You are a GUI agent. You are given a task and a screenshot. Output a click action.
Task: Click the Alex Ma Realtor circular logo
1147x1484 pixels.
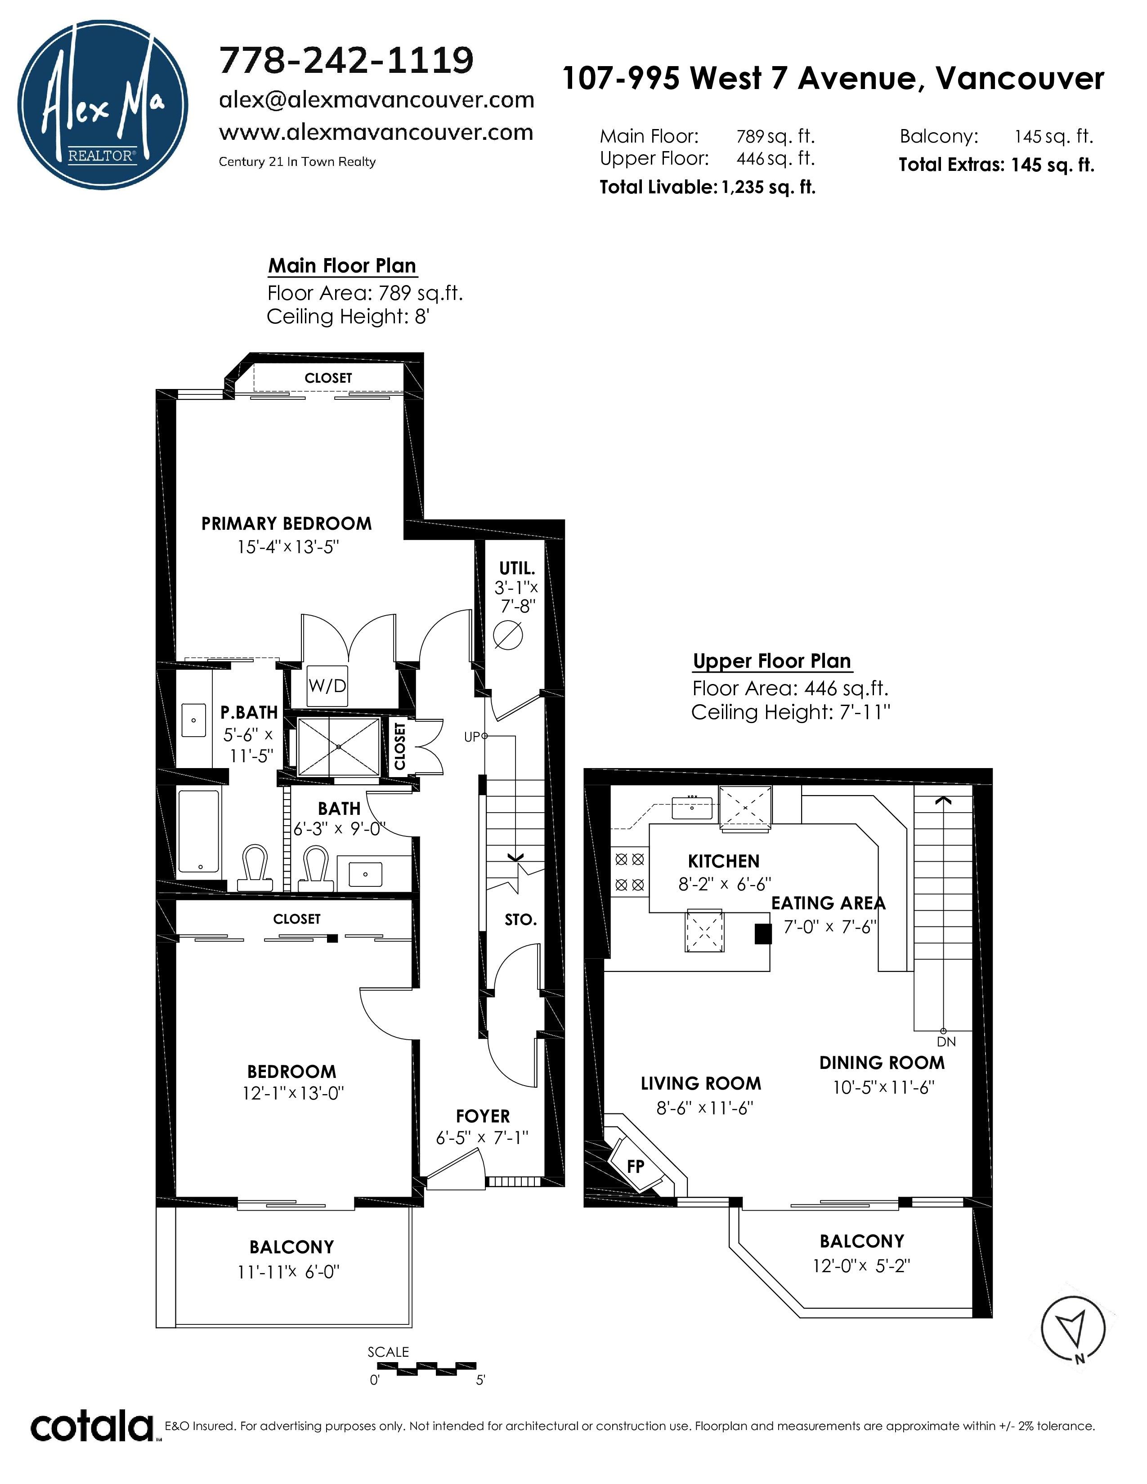tap(103, 105)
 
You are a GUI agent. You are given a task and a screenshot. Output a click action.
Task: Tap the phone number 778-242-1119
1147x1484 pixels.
tap(346, 60)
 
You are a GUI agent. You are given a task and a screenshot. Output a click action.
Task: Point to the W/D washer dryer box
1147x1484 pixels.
tap(327, 686)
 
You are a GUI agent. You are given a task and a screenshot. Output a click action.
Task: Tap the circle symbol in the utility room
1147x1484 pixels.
tap(508, 636)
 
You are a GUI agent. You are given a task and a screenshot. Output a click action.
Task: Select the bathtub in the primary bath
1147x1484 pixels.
tap(199, 830)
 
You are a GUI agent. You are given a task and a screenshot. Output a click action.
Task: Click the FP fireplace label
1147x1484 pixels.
tap(635, 1166)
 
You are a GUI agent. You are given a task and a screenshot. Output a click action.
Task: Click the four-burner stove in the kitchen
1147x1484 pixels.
tap(630, 872)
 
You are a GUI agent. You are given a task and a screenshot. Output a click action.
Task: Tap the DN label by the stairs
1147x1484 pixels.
tap(946, 1041)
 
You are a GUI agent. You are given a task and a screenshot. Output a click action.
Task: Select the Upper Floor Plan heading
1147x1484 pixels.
tap(772, 661)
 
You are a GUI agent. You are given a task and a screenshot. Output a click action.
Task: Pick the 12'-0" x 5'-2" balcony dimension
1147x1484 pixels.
tap(861, 1266)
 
